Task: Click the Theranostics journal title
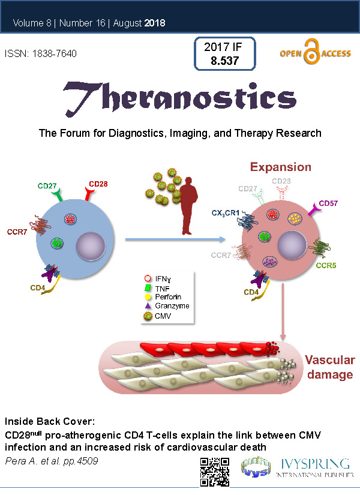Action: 179,98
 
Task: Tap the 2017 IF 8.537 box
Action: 224,53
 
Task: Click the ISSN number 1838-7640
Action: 55,53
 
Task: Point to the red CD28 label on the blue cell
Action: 98,184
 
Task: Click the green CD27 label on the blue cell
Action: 47,186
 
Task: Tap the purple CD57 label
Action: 328,203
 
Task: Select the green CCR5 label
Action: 326,265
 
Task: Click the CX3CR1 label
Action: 226,213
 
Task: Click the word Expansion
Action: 281,167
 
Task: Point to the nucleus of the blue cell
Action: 91,246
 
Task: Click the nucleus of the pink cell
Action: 292,245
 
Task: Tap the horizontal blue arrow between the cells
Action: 175,239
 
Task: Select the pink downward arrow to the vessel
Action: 283,312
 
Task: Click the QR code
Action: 215,472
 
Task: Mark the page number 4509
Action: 88,461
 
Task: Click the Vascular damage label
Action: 330,367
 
